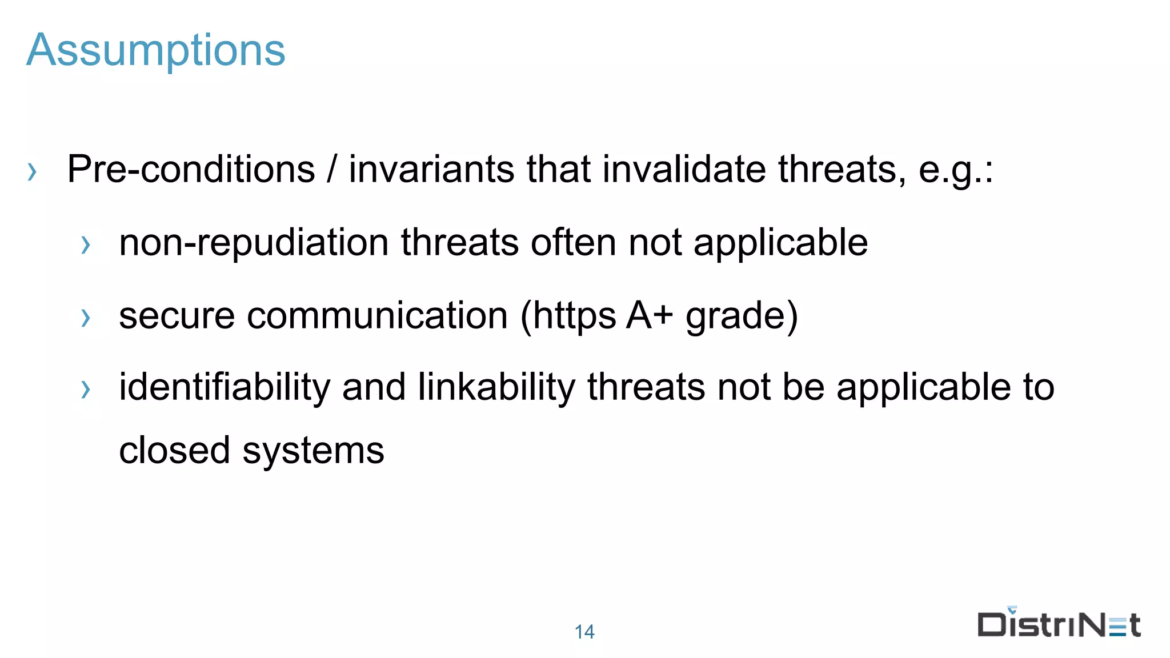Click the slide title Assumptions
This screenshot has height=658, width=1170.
[155, 50]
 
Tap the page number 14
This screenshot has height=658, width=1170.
[584, 632]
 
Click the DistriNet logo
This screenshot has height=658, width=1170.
[1059, 624]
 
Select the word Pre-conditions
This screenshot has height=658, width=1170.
[191, 170]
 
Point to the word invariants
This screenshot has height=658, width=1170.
[431, 170]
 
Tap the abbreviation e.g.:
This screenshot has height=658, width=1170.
[956, 170]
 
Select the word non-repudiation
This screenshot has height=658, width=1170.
[254, 243]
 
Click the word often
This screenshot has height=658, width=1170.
[574, 243]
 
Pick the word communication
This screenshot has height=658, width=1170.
[377, 315]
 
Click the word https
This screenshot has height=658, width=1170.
[575, 315]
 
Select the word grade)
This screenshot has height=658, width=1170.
[741, 315]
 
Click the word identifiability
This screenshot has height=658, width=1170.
[225, 387]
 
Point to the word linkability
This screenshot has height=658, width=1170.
[496, 387]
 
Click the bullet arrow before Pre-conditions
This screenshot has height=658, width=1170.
[33, 171]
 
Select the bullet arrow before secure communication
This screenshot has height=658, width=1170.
[86, 318]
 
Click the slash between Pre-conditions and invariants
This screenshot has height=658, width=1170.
[332, 170]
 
